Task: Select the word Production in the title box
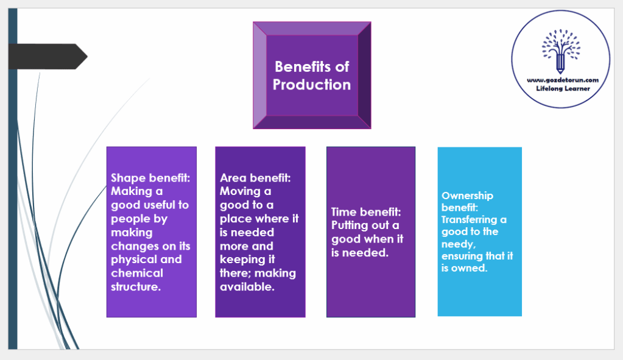coord(312,85)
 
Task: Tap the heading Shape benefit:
coord(150,178)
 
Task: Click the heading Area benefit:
coord(255,178)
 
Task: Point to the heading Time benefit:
coord(367,212)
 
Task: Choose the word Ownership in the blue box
coord(467,196)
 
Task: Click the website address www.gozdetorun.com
coord(560,80)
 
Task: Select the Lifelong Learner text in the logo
coord(560,89)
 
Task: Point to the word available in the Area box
coord(247,287)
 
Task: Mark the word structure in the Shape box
coord(136,286)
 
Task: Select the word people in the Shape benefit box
coord(130,219)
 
